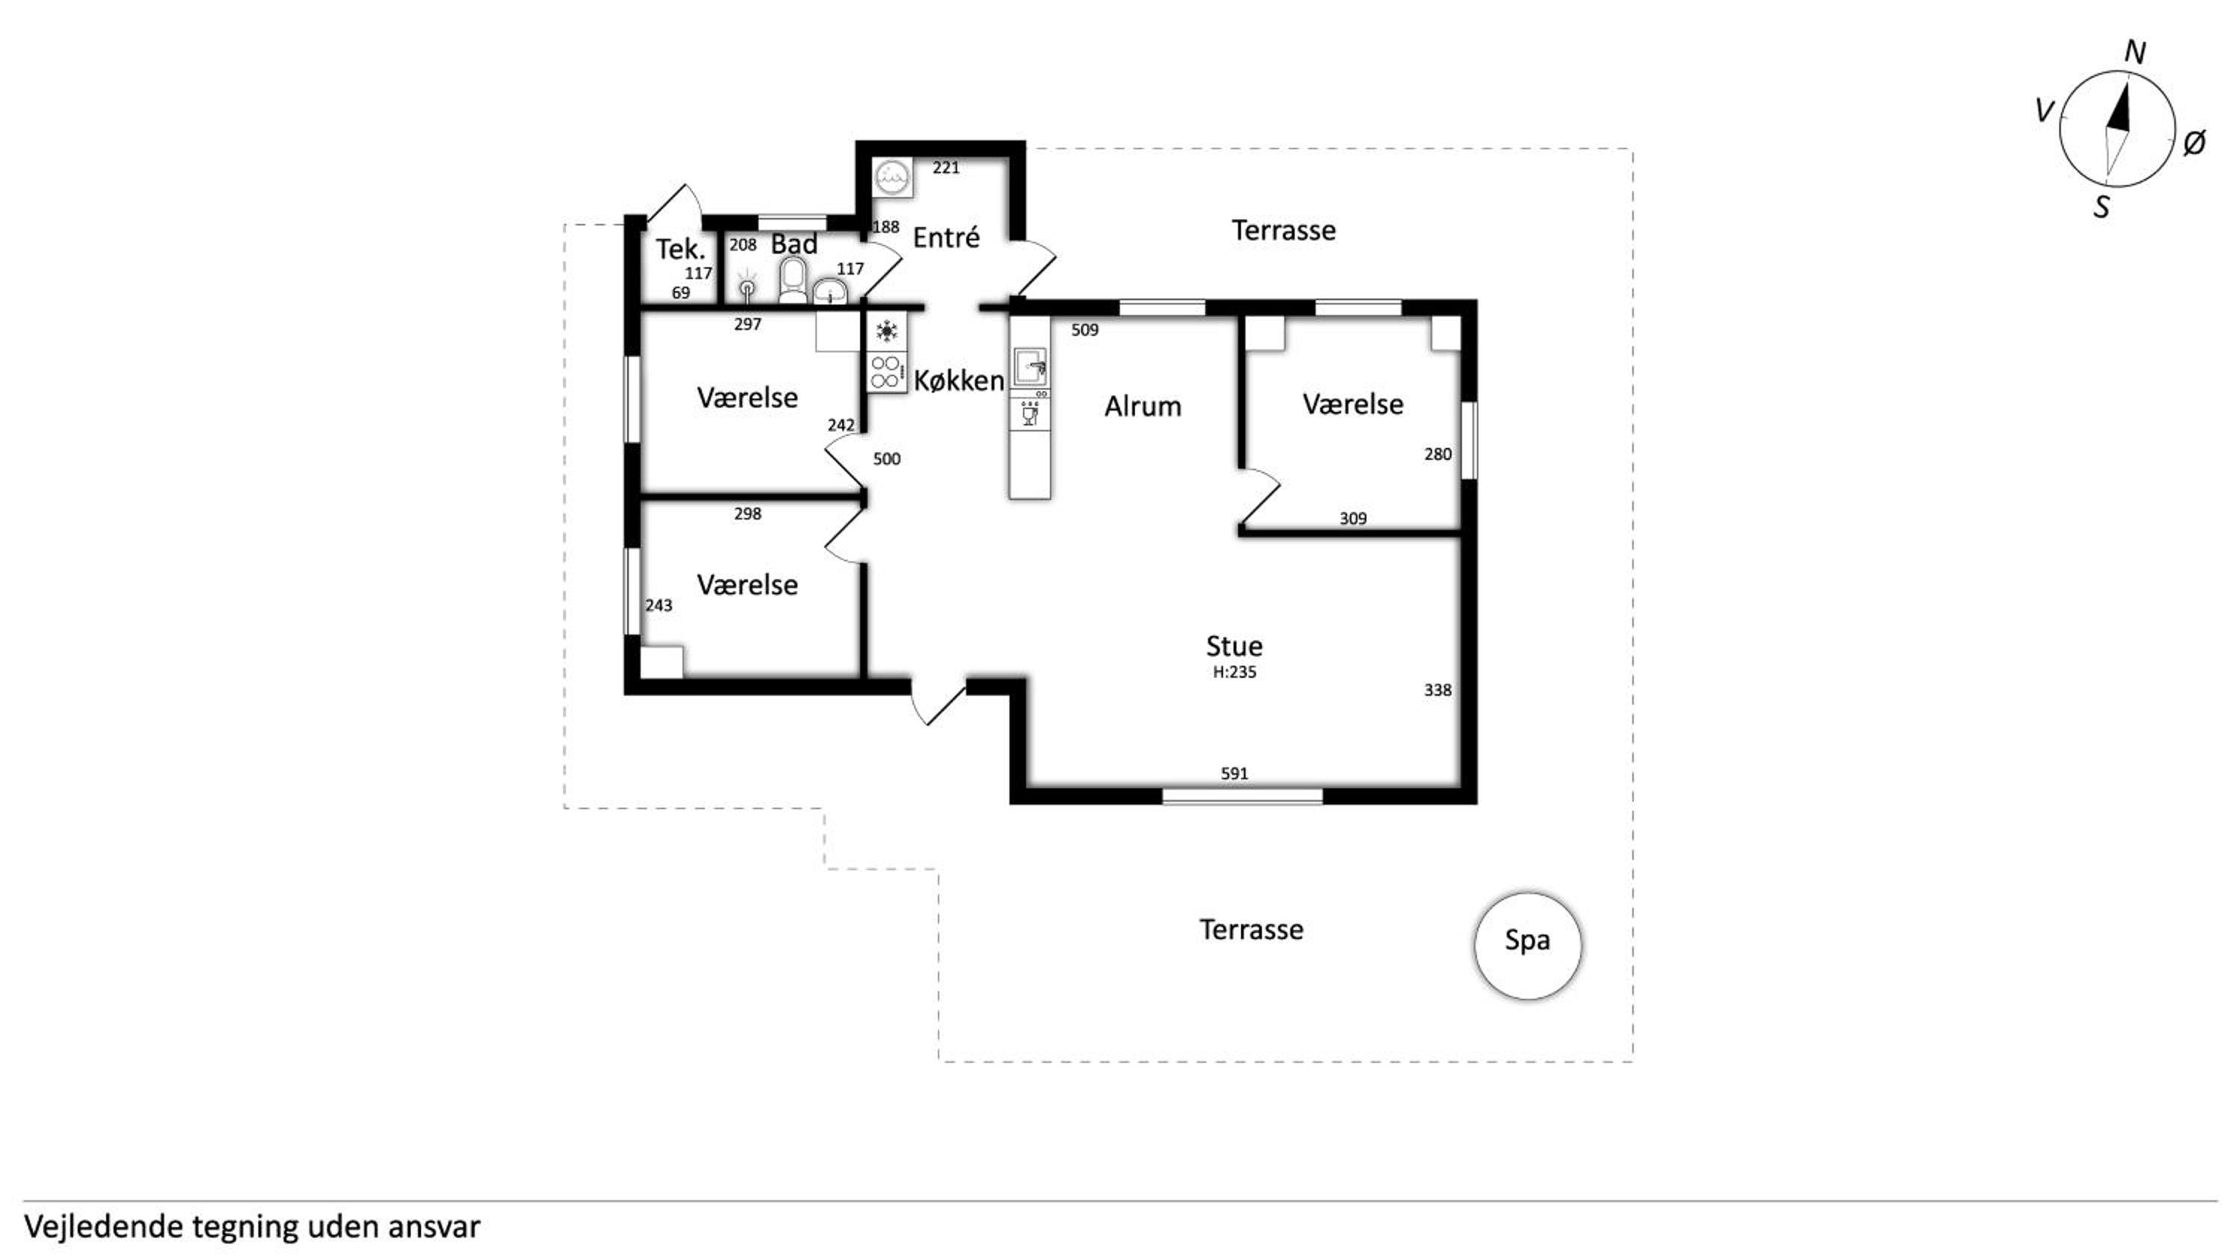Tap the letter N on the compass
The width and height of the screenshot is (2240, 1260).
click(2135, 53)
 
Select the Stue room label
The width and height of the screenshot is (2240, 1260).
click(1234, 646)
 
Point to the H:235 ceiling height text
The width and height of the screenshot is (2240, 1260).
click(1234, 671)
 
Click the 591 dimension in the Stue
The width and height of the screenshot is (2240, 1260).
click(1234, 773)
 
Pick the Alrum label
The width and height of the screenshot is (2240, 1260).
click(1142, 406)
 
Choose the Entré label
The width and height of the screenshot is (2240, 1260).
click(946, 237)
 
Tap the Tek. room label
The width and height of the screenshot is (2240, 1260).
click(680, 249)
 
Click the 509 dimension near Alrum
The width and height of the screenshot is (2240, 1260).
click(1084, 330)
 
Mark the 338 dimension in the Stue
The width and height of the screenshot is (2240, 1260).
click(1437, 690)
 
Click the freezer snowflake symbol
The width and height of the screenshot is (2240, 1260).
click(886, 331)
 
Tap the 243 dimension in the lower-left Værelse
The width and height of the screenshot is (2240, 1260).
click(659, 605)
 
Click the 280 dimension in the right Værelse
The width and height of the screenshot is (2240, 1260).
click(1437, 454)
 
